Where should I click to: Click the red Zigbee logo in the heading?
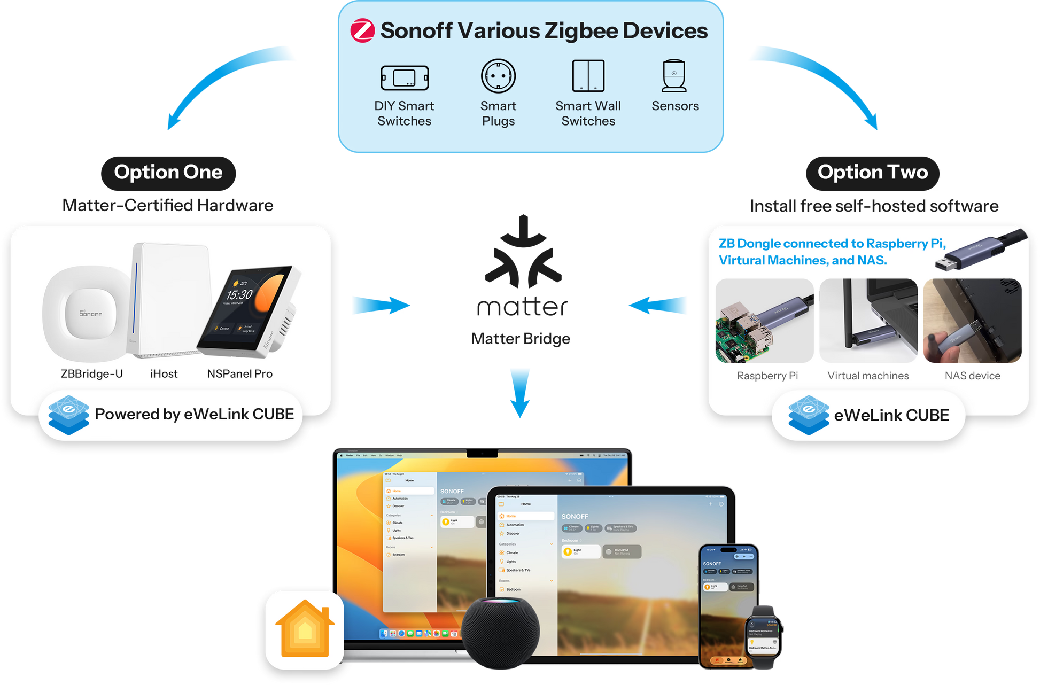click(362, 31)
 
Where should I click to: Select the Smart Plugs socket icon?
click(498, 76)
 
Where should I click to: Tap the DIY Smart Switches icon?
click(405, 78)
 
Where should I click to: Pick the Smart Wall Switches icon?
click(588, 76)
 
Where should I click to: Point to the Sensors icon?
click(674, 76)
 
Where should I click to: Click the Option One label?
click(168, 173)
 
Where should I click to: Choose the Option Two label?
click(872, 173)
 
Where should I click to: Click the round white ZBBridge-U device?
click(88, 313)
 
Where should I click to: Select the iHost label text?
click(164, 374)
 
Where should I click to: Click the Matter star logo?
click(523, 254)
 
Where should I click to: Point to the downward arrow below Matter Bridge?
click(520, 392)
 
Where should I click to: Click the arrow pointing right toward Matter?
click(381, 306)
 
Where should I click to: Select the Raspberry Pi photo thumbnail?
click(764, 321)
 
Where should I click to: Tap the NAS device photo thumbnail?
click(972, 321)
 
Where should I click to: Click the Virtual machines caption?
click(868, 376)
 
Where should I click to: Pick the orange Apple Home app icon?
click(305, 629)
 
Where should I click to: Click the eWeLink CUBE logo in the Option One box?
click(68, 415)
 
